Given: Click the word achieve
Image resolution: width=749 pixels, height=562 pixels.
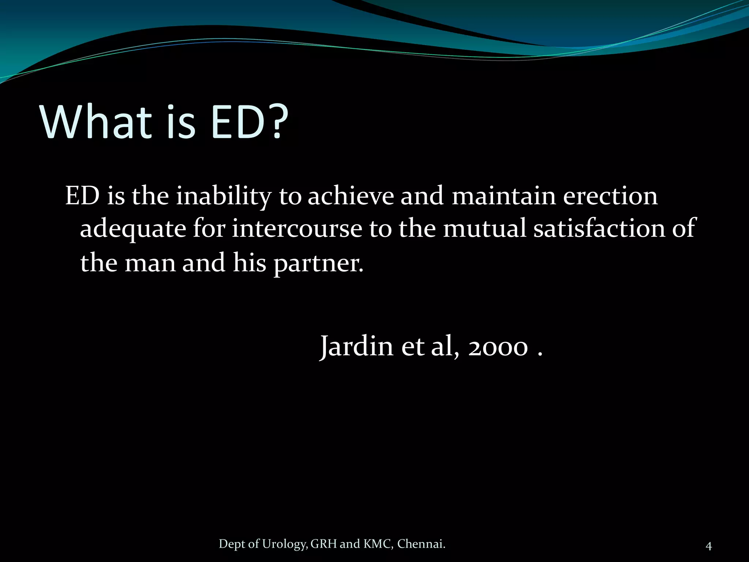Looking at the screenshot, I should [350, 196].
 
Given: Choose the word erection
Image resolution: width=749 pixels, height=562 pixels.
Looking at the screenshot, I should [610, 196].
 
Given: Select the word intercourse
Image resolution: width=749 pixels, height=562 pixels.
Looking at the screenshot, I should [297, 228].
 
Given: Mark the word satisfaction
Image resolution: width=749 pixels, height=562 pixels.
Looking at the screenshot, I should [599, 228].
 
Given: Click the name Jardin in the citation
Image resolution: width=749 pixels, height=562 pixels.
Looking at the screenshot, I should [357, 346].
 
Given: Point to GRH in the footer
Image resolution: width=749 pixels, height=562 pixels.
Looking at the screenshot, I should [323, 544].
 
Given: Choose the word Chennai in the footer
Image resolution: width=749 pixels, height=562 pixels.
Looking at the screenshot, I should [421, 544].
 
